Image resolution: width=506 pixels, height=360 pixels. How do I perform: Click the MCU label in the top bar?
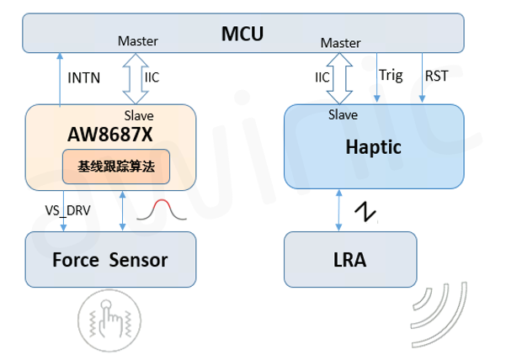click(242, 34)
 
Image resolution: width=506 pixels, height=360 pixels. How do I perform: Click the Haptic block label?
click(374, 146)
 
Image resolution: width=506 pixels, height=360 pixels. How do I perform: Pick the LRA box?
click(349, 260)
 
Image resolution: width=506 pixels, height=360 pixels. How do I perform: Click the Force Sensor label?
click(110, 259)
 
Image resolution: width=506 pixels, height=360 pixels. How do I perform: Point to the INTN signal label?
click(83, 78)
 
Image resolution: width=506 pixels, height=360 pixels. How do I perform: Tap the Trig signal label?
click(391, 76)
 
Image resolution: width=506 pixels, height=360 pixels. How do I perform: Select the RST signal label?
click(437, 76)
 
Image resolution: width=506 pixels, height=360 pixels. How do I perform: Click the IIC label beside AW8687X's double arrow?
click(152, 77)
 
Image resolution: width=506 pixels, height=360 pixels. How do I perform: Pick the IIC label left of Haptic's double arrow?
click(322, 77)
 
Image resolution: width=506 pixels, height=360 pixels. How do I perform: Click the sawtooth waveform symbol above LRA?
click(366, 210)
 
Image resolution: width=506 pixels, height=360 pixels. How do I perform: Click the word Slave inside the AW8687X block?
click(139, 115)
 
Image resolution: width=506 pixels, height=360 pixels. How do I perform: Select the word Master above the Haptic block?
click(340, 43)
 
